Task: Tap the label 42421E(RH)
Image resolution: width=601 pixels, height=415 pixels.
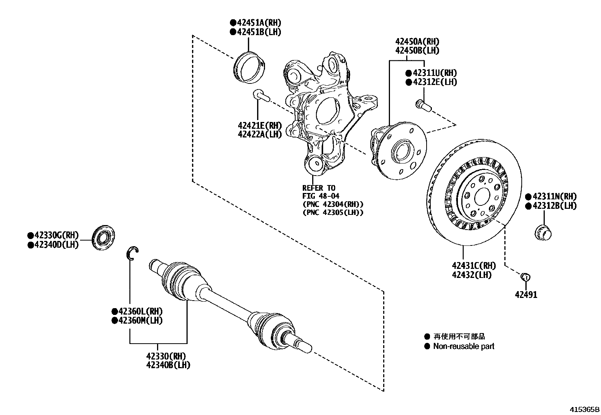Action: (x=260, y=125)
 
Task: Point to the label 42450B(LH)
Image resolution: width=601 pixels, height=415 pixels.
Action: (x=417, y=50)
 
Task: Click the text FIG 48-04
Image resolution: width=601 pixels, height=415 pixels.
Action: (x=321, y=196)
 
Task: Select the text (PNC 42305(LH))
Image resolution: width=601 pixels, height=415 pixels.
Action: (x=333, y=213)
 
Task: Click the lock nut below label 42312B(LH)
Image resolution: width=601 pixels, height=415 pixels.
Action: (x=543, y=231)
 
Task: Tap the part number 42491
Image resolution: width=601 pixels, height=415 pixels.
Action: (x=526, y=295)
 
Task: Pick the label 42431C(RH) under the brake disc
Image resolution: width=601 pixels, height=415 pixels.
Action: (x=474, y=266)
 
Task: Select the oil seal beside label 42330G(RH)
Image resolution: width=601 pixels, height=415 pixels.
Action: (x=103, y=237)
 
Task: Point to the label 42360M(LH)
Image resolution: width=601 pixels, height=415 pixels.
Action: (x=140, y=321)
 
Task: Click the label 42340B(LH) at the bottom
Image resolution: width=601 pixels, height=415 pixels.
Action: (x=168, y=365)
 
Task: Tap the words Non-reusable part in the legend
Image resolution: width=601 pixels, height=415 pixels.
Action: (x=463, y=346)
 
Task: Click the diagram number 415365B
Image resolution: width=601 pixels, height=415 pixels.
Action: (x=584, y=409)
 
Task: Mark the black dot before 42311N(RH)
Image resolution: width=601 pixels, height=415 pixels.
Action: (x=529, y=197)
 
